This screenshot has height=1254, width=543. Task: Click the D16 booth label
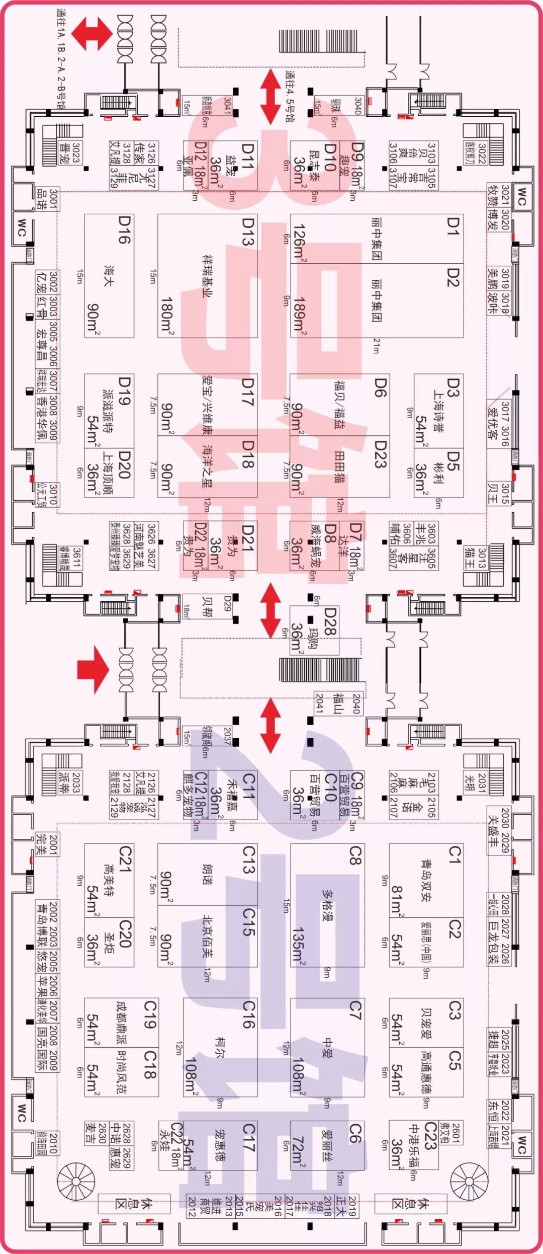coord(124,230)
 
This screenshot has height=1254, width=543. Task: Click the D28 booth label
coord(329,622)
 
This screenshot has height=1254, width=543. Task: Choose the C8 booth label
coord(355,855)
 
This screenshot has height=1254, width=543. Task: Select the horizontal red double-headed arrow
coord(92,34)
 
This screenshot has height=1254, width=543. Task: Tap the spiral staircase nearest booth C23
coord(469,1181)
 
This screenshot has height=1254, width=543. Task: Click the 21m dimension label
coord(376,346)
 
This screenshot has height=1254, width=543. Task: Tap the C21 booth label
coord(124,858)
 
